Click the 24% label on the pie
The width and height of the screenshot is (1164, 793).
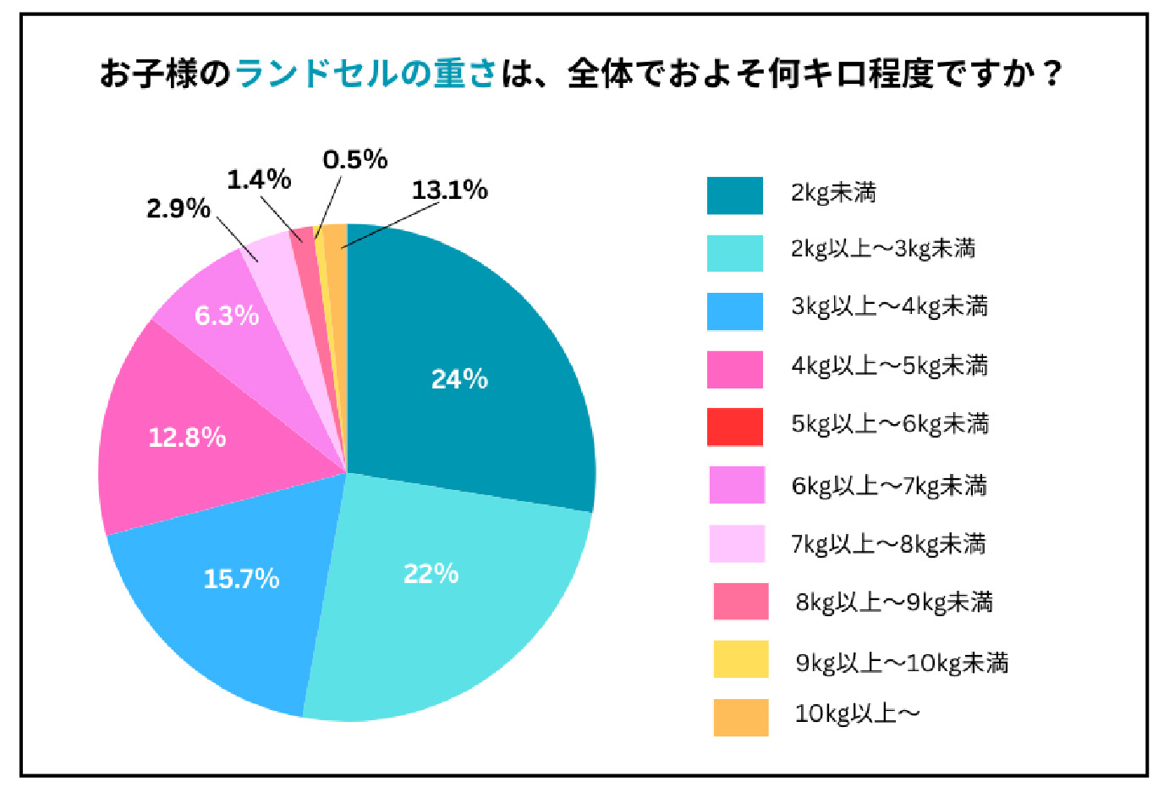tap(459, 378)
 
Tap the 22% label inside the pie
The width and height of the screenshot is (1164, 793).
tap(431, 574)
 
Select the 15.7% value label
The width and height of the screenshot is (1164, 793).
tap(241, 579)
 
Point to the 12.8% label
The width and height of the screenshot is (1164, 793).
tap(187, 437)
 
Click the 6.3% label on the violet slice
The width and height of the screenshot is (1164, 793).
tap(226, 315)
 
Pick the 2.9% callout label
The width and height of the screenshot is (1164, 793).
tap(178, 208)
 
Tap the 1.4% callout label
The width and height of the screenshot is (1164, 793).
tap(259, 179)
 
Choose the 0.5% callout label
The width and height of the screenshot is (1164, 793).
tap(355, 159)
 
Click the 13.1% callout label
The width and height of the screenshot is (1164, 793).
tap(449, 190)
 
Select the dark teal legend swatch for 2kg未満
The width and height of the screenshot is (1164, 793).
tap(734, 195)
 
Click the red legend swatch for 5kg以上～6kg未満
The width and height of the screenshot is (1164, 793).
tap(734, 427)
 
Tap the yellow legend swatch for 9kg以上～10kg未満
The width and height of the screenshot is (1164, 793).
tap(740, 660)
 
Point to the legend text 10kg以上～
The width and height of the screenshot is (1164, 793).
tap(857, 714)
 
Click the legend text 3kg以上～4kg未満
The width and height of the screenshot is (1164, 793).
tap(889, 306)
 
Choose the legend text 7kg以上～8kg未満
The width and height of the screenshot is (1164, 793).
tap(888, 543)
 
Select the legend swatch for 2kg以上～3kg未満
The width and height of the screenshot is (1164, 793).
tap(734, 253)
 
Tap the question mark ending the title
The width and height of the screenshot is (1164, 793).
tap(1051, 74)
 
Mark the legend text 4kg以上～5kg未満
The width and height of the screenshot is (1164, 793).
tap(889, 366)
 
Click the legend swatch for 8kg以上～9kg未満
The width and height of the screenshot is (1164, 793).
tap(740, 602)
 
